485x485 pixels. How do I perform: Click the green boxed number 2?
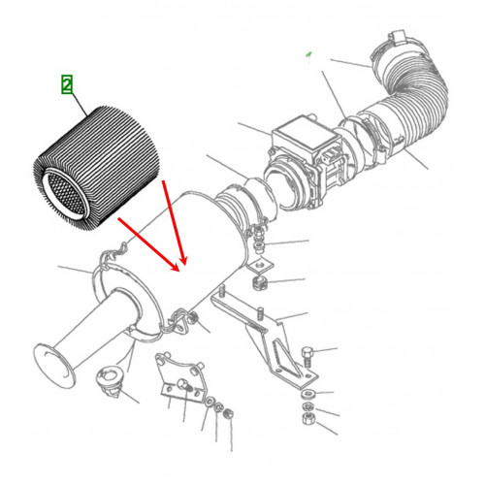pyautogui.click(x=67, y=84)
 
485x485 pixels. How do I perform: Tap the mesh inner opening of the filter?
pyautogui.click(x=67, y=193)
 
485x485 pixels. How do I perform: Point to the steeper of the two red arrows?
pyautogui.click(x=174, y=222)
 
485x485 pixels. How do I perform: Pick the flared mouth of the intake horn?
pyautogui.click(x=54, y=366)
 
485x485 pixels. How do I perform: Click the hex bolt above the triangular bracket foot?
pyautogui.click(x=307, y=357)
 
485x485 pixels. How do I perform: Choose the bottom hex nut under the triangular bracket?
pyautogui.click(x=307, y=419)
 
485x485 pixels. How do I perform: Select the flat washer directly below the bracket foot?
pyautogui.click(x=307, y=394)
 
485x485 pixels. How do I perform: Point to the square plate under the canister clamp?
pyautogui.click(x=261, y=266)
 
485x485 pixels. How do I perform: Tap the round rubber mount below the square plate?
pyautogui.click(x=260, y=283)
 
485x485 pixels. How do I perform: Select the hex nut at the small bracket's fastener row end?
pyautogui.click(x=228, y=413)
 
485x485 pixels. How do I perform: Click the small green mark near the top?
pyautogui.click(x=308, y=56)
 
